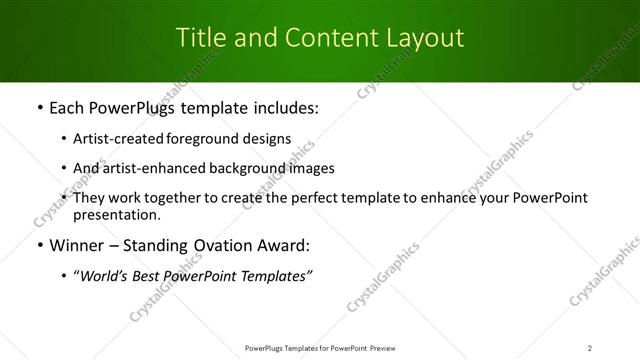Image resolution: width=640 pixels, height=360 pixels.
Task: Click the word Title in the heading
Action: click(198, 38)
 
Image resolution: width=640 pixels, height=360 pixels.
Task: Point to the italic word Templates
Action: click(275, 275)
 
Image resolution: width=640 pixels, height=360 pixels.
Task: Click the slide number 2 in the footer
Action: click(590, 347)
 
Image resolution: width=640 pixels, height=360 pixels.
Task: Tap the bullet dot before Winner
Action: click(39, 245)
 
